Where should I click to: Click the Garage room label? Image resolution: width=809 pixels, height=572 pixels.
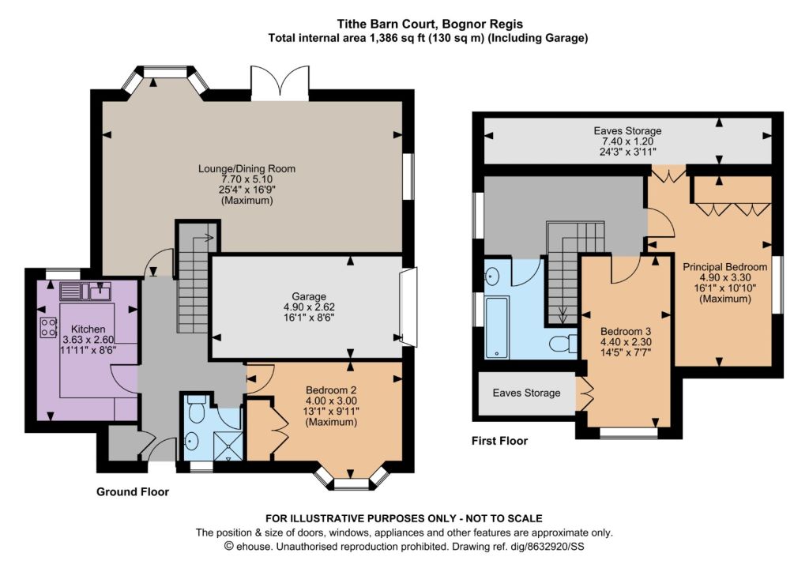point(309,296)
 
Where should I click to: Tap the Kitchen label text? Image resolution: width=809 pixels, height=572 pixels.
point(88,329)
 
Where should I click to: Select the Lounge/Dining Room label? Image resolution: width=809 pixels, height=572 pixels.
point(247,168)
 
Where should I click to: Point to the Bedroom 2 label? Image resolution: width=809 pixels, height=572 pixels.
point(331,390)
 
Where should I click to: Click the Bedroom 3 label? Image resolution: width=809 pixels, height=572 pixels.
point(626,331)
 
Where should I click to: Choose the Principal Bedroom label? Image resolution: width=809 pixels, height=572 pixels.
point(725,267)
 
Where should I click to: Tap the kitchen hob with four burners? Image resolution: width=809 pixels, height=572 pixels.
point(48,328)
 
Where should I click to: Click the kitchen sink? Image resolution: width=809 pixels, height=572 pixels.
point(85,292)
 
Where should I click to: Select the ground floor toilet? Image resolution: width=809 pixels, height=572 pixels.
point(196,408)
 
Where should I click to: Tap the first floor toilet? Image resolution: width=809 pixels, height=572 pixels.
point(563,343)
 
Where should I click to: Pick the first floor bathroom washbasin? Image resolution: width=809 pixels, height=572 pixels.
point(492,277)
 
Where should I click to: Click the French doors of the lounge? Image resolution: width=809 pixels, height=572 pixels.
point(280,82)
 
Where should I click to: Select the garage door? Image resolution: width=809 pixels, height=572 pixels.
point(408,307)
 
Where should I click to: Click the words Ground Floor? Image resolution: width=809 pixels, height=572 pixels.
point(133,492)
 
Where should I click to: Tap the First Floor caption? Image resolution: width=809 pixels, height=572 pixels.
point(499,441)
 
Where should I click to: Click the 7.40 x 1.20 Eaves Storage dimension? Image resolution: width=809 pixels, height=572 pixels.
point(627,141)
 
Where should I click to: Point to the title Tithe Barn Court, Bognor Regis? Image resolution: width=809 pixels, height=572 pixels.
point(430,24)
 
